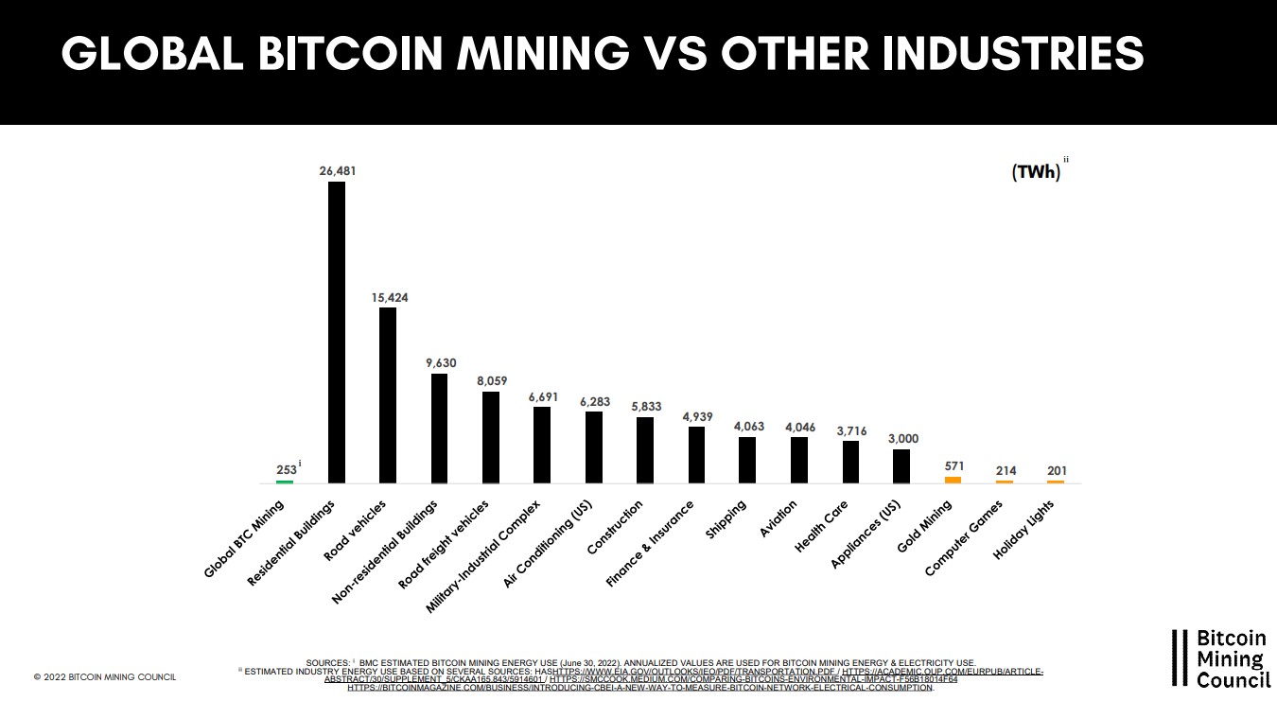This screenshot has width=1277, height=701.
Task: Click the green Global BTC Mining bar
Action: [285, 482]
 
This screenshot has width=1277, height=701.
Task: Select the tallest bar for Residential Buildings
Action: [336, 331]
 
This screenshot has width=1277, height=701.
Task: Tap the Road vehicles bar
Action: [388, 394]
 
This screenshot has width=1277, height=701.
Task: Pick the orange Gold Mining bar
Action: [953, 480]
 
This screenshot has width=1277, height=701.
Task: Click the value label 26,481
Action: [337, 171]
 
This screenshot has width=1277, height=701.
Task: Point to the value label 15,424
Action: [388, 297]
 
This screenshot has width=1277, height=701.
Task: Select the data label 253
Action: [286, 468]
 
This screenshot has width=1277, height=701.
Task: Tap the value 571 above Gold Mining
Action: [953, 465]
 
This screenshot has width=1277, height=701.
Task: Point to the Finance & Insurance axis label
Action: [650, 543]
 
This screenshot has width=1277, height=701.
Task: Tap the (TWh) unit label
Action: [1035, 173]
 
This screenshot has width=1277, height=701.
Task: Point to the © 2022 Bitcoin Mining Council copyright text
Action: [104, 677]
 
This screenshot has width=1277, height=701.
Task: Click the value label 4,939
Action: [696, 416]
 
